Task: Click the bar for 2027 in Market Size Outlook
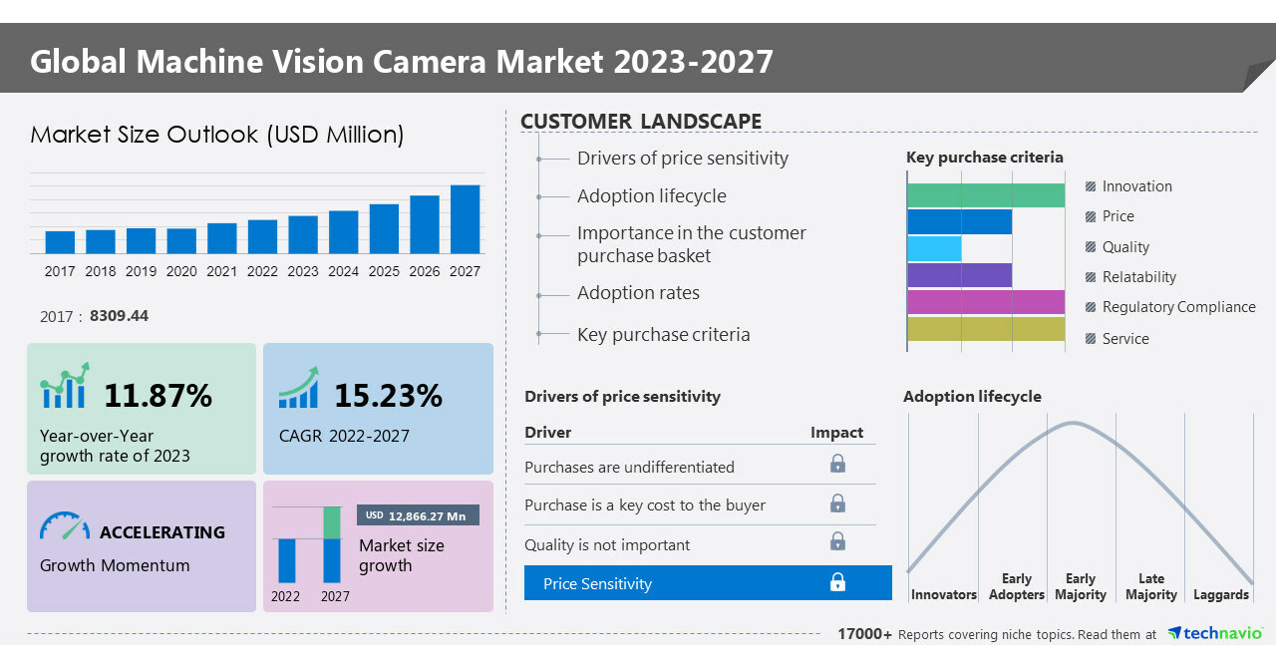point(465,219)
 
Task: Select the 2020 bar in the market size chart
point(181,241)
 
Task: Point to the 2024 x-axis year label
point(343,271)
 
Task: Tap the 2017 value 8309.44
point(119,316)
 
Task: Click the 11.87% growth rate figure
point(158,396)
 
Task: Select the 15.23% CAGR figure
point(387,396)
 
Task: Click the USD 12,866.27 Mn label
point(418,515)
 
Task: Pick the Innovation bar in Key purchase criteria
point(985,195)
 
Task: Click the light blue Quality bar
point(934,248)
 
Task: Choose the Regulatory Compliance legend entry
point(1177,307)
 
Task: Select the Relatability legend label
point(1138,277)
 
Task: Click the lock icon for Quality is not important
point(837,541)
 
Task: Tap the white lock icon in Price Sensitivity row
point(837,583)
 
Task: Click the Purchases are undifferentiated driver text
point(629,468)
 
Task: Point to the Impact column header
point(836,433)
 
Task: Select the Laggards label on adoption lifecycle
point(1220,595)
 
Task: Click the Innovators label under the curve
point(943,595)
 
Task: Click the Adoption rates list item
point(638,293)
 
